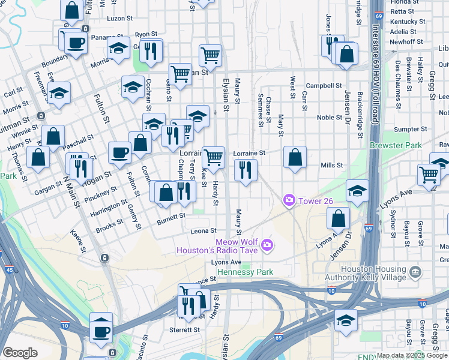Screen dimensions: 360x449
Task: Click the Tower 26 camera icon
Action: pos(290,199)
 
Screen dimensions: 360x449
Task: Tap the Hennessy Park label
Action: pos(245,272)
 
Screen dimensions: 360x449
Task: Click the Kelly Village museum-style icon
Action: pos(415,273)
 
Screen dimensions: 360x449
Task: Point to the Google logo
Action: pos(20,353)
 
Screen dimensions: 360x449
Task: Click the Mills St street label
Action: pos(331,165)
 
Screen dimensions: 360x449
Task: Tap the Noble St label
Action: pos(329,118)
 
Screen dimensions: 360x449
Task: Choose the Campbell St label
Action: pos(324,86)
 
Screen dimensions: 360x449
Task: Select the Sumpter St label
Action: pos(406,129)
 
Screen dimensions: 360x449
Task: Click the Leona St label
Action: pos(203,231)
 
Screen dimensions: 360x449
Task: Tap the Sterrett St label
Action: pos(184,330)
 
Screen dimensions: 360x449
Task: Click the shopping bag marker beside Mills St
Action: pos(295,158)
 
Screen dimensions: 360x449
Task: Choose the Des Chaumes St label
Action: pos(397,75)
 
